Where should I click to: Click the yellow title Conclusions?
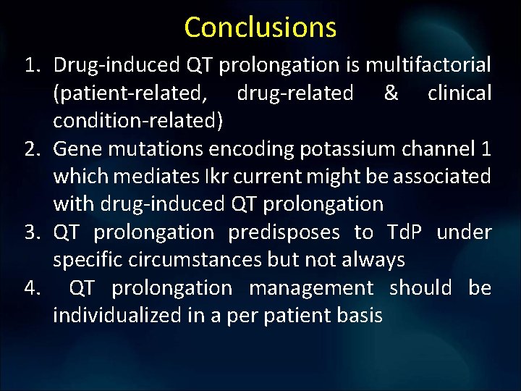(x=260, y=27)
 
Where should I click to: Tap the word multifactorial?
(x=428, y=66)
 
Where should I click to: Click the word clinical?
(x=459, y=93)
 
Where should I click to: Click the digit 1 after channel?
(x=485, y=149)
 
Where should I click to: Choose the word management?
(x=310, y=288)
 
